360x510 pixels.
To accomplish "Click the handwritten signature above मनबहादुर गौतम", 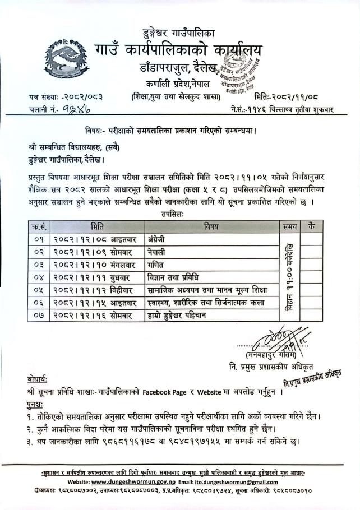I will tap(280, 338).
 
